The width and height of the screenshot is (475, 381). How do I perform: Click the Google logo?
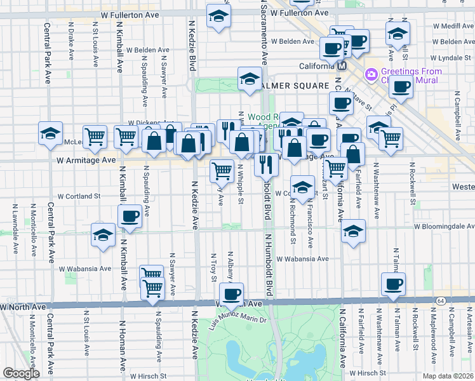pos(21,373)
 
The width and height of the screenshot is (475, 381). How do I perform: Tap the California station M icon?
pos(342,66)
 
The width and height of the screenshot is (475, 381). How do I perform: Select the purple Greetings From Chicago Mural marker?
pos(370,75)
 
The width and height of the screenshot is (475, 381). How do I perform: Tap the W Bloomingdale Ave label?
pos(443,225)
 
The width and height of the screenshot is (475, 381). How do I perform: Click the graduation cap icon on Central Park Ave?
pos(50,133)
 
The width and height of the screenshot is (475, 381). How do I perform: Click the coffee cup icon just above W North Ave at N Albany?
pos(231,293)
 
